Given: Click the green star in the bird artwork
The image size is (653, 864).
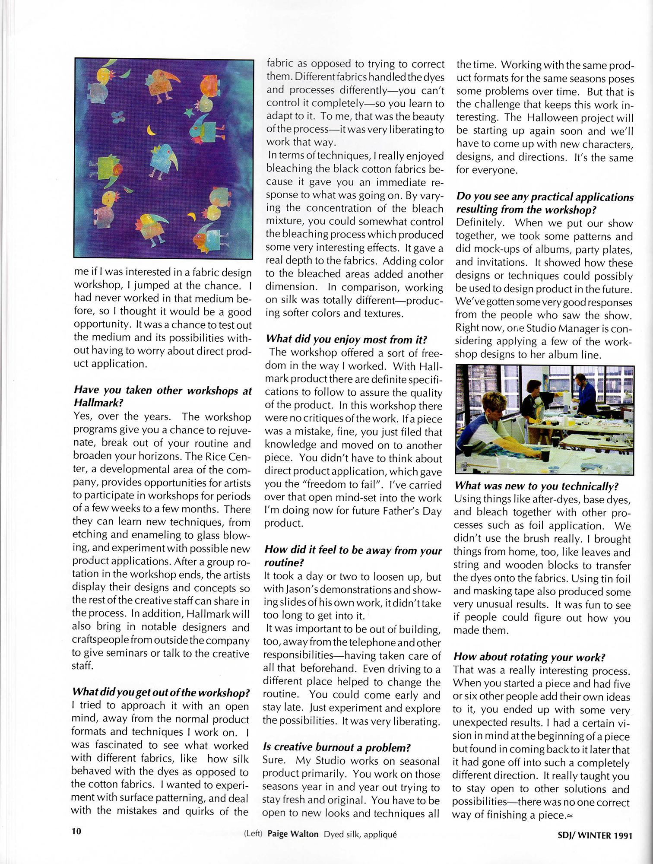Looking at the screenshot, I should coord(188,113).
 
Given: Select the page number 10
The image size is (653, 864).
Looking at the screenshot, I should coord(76,831).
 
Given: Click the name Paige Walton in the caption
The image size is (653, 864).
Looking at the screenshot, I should coord(293,834).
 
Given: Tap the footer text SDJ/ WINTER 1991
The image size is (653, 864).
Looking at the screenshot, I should coord(595,835).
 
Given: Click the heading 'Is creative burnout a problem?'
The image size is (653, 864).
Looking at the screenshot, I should coord(336,747).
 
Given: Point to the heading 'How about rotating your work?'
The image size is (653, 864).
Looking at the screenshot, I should coord(529,657).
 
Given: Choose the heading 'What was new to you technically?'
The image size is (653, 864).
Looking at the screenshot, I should coord(536,486).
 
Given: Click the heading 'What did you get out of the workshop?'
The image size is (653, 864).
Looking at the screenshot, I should coord(161,692).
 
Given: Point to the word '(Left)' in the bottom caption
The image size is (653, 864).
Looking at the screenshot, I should coord(253,834).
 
